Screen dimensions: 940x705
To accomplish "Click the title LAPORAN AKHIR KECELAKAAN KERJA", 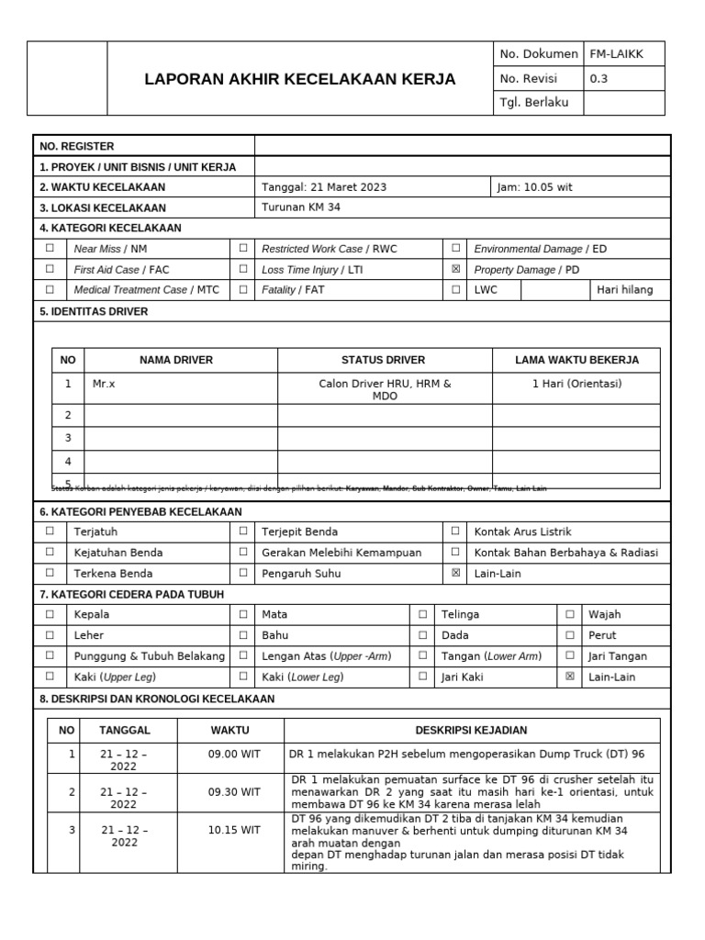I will coord(300,79).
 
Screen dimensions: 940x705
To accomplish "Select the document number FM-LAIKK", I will coord(616,54).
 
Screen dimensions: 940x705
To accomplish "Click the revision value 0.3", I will coord(599,78).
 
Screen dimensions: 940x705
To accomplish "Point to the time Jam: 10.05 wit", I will coord(534,187).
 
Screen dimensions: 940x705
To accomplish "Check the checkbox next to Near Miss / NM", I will coord(50,248).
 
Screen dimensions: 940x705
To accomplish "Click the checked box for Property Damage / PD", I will coord(455,270).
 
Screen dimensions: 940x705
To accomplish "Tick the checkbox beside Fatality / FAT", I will coord(243,290).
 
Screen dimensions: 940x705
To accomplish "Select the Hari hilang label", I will coord(625,290).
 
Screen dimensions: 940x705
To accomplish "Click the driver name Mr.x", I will coord(104,384).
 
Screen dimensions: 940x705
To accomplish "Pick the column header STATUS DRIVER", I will coord(384,360).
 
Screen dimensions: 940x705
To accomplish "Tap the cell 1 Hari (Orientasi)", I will coord(576,384).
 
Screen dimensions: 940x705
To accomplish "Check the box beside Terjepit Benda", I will coord(243,531).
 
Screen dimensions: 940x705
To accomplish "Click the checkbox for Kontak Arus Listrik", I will coord(455,531).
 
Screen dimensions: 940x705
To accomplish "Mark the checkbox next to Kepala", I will coord(50,614).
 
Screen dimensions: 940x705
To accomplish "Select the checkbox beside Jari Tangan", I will coord(570,655).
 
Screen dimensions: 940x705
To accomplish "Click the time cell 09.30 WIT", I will coord(234,791).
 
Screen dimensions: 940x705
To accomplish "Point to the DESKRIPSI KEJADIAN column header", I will coord(471,730).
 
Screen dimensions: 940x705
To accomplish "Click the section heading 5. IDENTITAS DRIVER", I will coord(94,311).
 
